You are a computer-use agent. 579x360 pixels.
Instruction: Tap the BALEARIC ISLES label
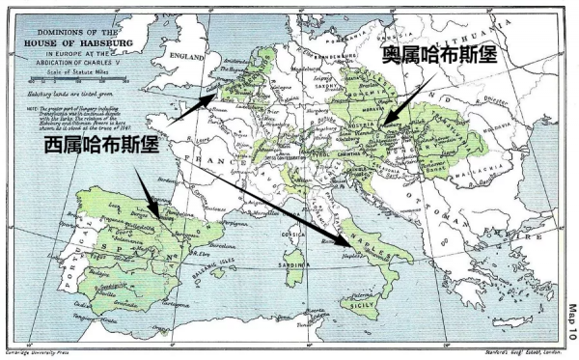(x=218, y=263)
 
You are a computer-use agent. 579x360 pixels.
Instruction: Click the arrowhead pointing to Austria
(x=380, y=125)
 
